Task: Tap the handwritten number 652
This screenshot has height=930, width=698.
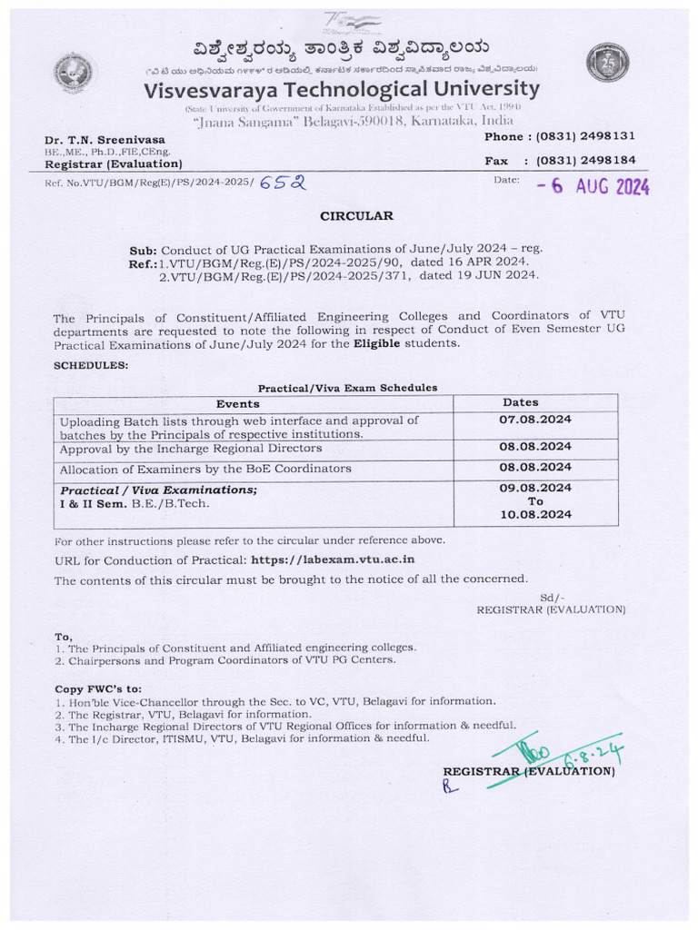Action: click(283, 182)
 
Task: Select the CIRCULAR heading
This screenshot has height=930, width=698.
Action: click(356, 216)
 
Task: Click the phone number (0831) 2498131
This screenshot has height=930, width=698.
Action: click(585, 136)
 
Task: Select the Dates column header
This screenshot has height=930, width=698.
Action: click(521, 401)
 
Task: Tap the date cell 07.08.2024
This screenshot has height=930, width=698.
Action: click(535, 420)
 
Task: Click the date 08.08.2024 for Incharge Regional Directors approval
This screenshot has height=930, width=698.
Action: click(535, 447)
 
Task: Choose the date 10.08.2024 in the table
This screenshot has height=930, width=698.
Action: click(535, 514)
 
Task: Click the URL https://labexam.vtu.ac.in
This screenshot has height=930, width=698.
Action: click(333, 559)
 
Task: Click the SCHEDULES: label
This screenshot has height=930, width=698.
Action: click(91, 364)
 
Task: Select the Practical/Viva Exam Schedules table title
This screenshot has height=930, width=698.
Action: click(347, 387)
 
